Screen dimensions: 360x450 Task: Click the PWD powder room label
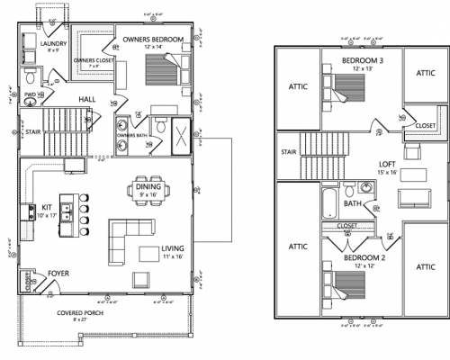[31, 93]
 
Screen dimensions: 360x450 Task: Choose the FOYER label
[55, 270]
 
